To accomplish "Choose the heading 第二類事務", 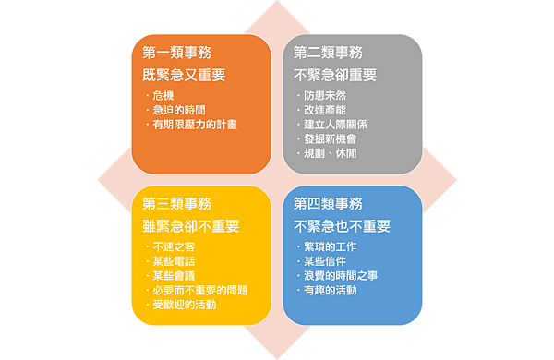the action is tap(328, 53).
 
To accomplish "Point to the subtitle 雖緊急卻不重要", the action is tap(191, 225).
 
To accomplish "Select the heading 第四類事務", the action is tap(328, 203).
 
